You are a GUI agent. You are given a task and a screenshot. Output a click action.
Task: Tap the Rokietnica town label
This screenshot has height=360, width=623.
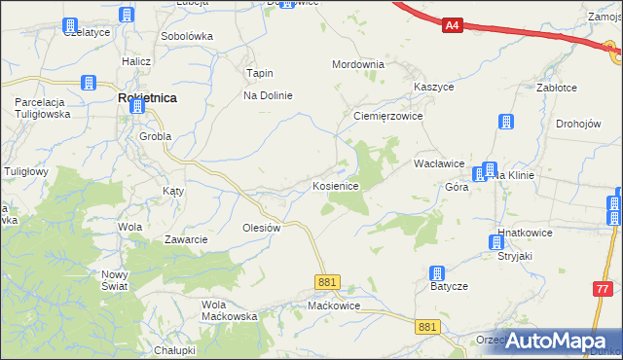146,98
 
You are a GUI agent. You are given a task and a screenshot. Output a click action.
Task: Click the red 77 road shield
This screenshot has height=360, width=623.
605,289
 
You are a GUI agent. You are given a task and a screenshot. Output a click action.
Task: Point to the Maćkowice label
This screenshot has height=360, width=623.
334,306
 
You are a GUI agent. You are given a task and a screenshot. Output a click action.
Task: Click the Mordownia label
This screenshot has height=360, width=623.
358,64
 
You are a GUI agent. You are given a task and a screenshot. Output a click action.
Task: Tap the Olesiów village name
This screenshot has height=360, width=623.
261,228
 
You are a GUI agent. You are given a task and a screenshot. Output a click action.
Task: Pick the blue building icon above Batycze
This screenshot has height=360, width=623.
438,272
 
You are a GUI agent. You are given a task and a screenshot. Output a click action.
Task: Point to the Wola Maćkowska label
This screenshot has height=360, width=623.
229,310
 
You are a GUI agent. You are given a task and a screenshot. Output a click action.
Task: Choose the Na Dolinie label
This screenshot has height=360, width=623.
268,95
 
